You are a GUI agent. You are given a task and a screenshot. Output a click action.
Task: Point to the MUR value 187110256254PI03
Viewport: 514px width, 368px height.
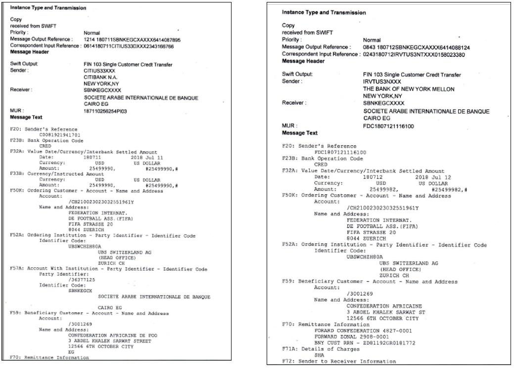point(106,112)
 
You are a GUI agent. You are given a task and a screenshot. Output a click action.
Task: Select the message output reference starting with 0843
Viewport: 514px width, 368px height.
point(412,47)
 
